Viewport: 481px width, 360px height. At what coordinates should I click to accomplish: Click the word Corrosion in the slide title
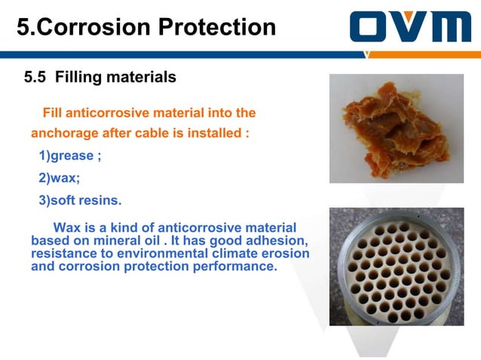[97, 27]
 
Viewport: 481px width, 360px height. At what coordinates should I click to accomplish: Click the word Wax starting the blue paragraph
[67, 227]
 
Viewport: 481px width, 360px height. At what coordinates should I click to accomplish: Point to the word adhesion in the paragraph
[274, 241]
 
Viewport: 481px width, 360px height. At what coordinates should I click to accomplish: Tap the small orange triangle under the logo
[367, 53]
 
